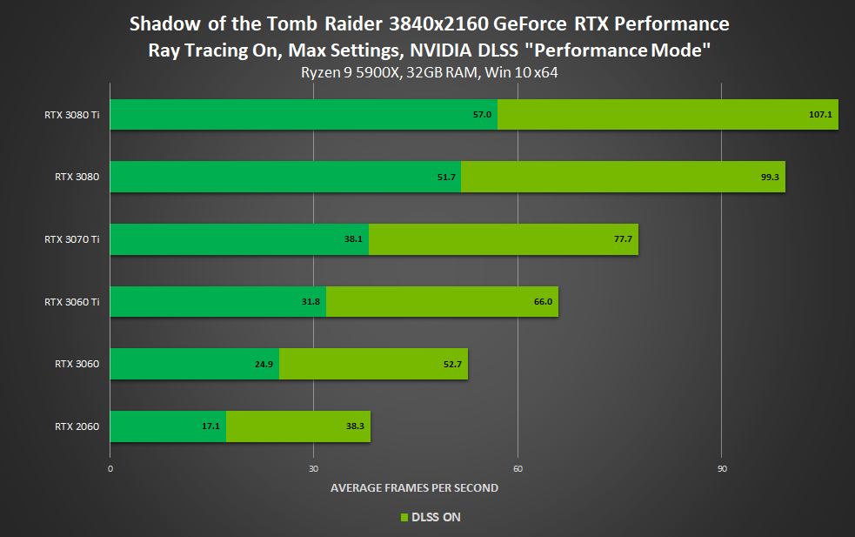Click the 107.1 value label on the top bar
[x=820, y=115]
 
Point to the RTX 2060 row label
[x=77, y=426]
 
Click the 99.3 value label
[x=769, y=177]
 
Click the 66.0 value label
[x=543, y=302]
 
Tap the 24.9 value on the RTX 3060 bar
[x=264, y=365]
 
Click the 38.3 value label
[x=355, y=426]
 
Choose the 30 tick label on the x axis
[x=313, y=469]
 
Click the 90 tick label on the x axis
[x=722, y=469]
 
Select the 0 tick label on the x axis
[x=110, y=469]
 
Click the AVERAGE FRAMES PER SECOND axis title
[x=414, y=488]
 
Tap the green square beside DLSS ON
[x=404, y=518]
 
